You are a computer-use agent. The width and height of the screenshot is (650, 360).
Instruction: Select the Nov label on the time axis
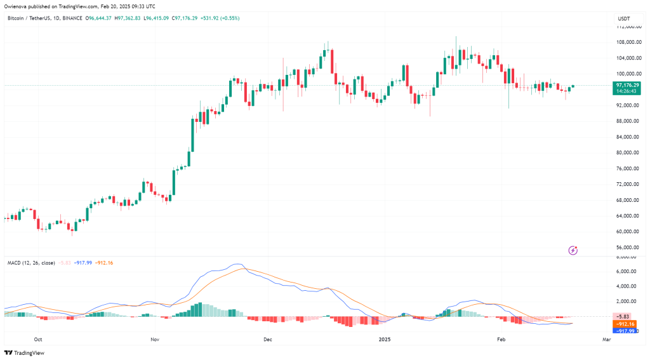click(x=155, y=340)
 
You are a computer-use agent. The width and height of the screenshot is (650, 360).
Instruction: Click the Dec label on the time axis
click(x=267, y=340)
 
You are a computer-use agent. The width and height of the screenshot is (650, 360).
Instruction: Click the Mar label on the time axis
click(x=606, y=340)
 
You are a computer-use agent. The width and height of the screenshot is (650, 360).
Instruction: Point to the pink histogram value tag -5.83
click(x=628, y=316)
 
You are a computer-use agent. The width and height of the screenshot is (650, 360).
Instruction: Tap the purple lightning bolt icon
click(x=573, y=251)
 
